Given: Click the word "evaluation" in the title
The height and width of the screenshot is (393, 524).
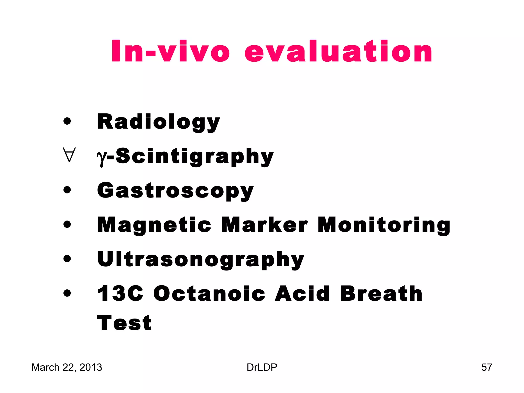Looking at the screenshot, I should pos(338,51).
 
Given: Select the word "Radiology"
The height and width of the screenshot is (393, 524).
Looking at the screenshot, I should pos(159,122).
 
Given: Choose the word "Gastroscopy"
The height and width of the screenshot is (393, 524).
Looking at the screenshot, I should pos(176,191).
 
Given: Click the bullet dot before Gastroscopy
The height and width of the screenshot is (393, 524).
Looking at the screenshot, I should pos(67,190).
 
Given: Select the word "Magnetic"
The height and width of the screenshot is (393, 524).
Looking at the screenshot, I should pos(154,225).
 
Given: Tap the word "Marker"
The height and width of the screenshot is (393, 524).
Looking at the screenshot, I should pos(265,225).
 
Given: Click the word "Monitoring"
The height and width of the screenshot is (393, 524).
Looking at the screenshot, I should pos(384,225).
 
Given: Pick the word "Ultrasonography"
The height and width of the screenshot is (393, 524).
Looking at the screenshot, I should pos(201,259).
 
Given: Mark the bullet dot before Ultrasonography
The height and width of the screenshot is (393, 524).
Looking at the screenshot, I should pos(67,259).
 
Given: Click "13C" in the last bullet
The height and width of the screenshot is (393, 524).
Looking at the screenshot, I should pos(120,293).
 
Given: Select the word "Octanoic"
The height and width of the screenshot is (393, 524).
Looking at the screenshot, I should pos(209,293).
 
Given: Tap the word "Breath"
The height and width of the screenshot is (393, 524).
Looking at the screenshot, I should pos(381,293).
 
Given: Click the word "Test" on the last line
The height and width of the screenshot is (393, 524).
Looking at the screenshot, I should pos(124,323).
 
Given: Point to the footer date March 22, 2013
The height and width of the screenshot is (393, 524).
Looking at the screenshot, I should pos(67,367).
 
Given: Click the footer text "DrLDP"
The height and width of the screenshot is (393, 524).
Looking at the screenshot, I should pos(262,367).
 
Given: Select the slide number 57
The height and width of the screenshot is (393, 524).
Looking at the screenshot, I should pos(487,367).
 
